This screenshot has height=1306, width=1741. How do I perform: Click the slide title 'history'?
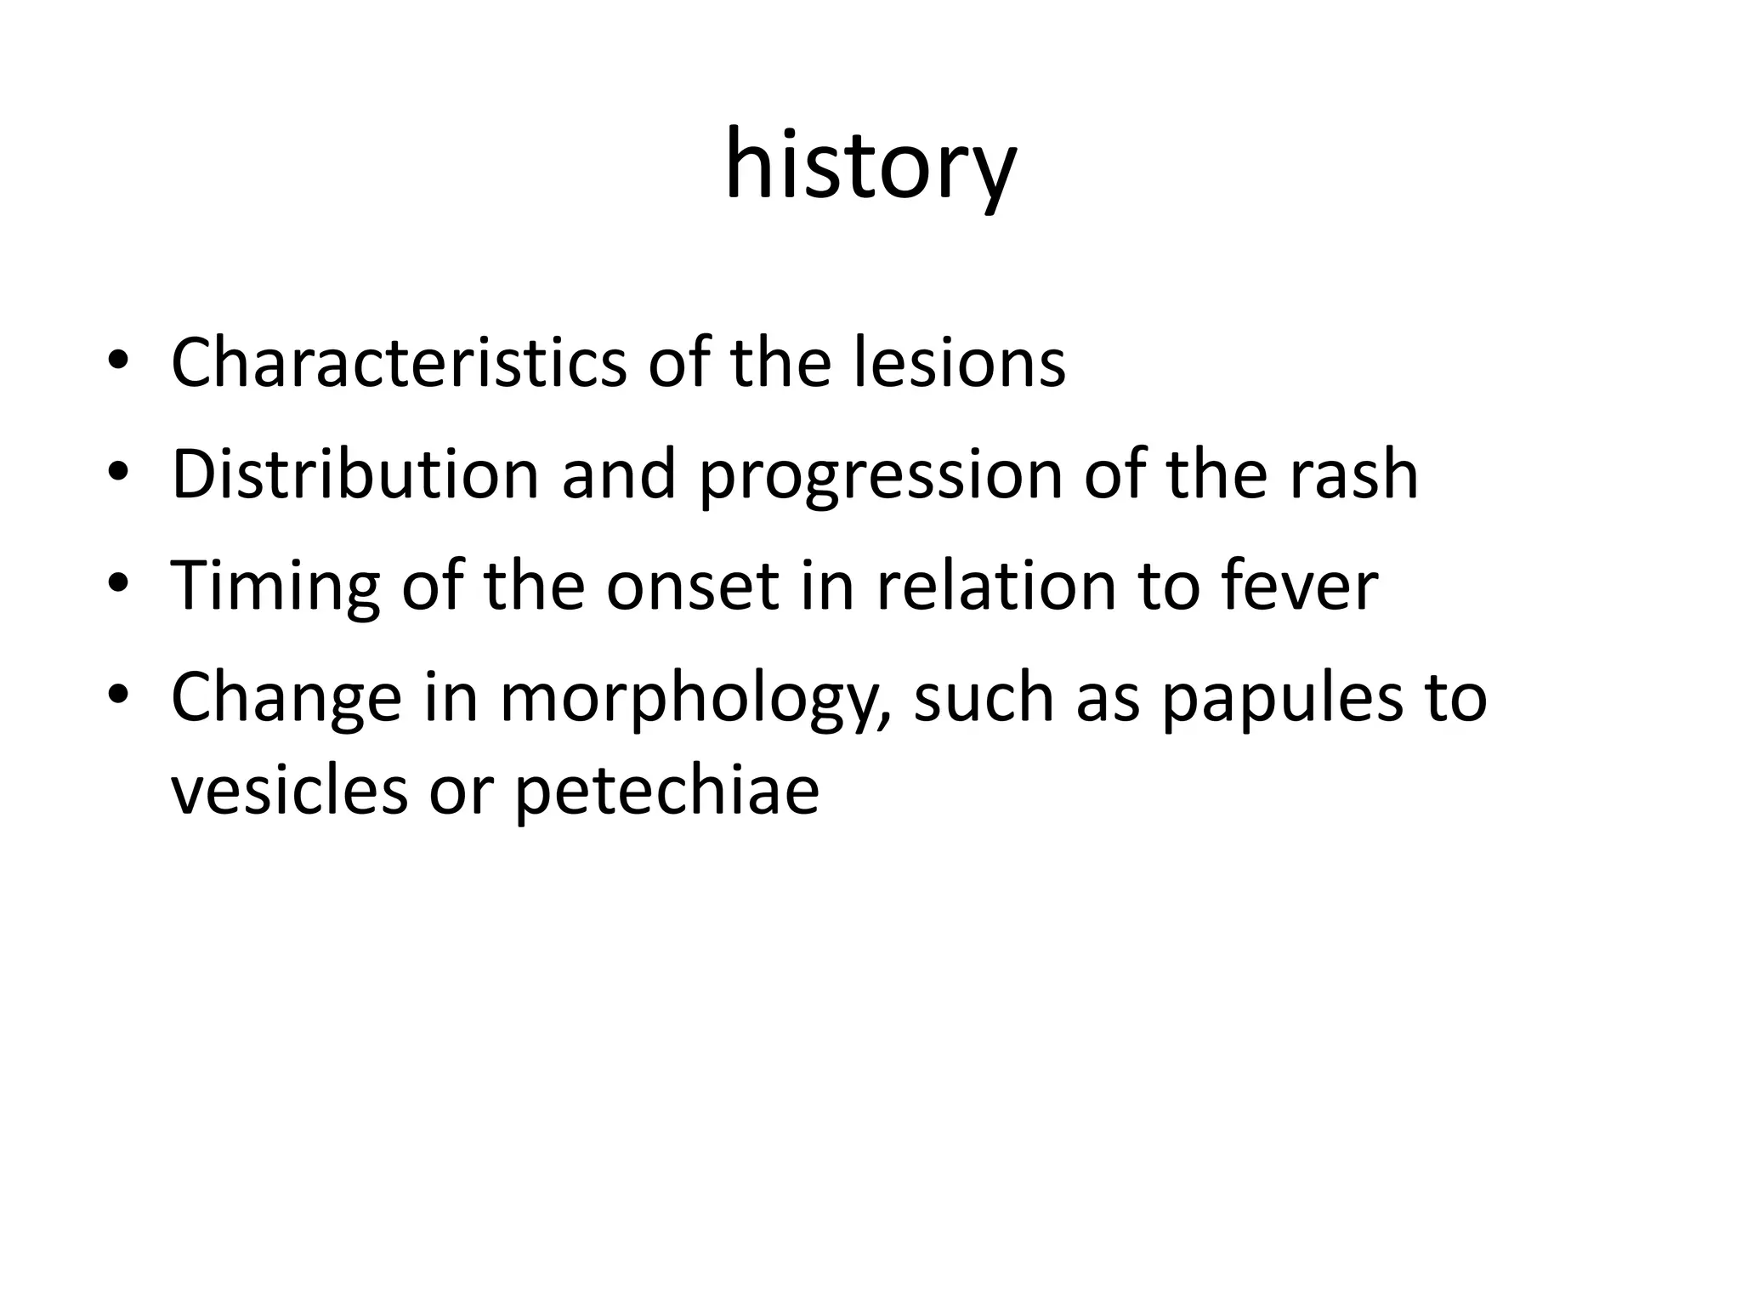[x=870, y=166]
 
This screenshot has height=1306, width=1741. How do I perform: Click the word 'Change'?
[x=286, y=699]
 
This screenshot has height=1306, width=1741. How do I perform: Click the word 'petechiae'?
[x=666, y=792]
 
